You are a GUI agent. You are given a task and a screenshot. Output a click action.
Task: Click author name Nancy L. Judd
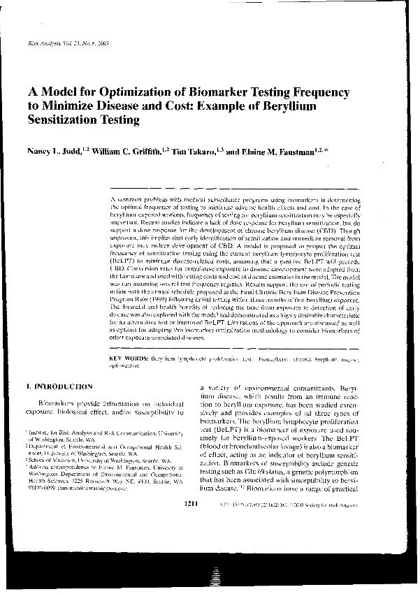(53, 150)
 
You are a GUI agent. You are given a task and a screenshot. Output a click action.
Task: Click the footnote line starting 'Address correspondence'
(98, 468)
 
